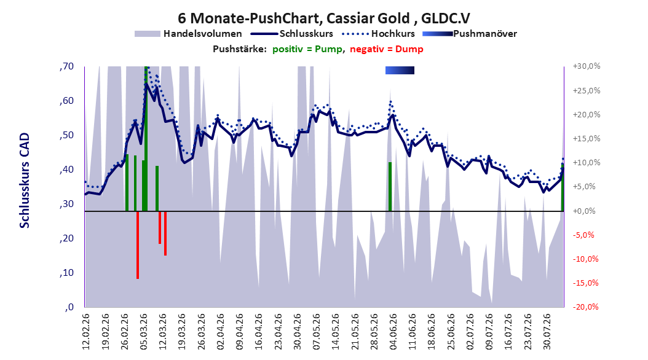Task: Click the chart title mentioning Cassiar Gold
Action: (323, 18)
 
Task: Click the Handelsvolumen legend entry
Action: (188, 34)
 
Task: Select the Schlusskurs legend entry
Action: (292, 34)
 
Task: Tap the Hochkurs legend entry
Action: (378, 34)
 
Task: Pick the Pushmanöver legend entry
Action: (470, 34)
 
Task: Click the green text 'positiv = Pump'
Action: (307, 49)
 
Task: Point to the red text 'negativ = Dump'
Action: (387, 49)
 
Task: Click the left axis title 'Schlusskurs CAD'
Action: (25, 181)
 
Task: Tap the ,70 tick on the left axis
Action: (66, 66)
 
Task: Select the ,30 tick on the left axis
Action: (66, 204)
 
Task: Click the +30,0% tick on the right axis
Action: (586, 66)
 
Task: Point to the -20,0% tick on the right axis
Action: (586, 307)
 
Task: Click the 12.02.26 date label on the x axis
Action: (86, 332)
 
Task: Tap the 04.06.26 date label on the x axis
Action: (393, 332)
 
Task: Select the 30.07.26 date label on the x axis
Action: (547, 332)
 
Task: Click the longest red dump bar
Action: (138, 245)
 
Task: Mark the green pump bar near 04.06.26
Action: (390, 187)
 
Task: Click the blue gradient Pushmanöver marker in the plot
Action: (400, 71)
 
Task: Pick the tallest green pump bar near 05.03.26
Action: (146, 139)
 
